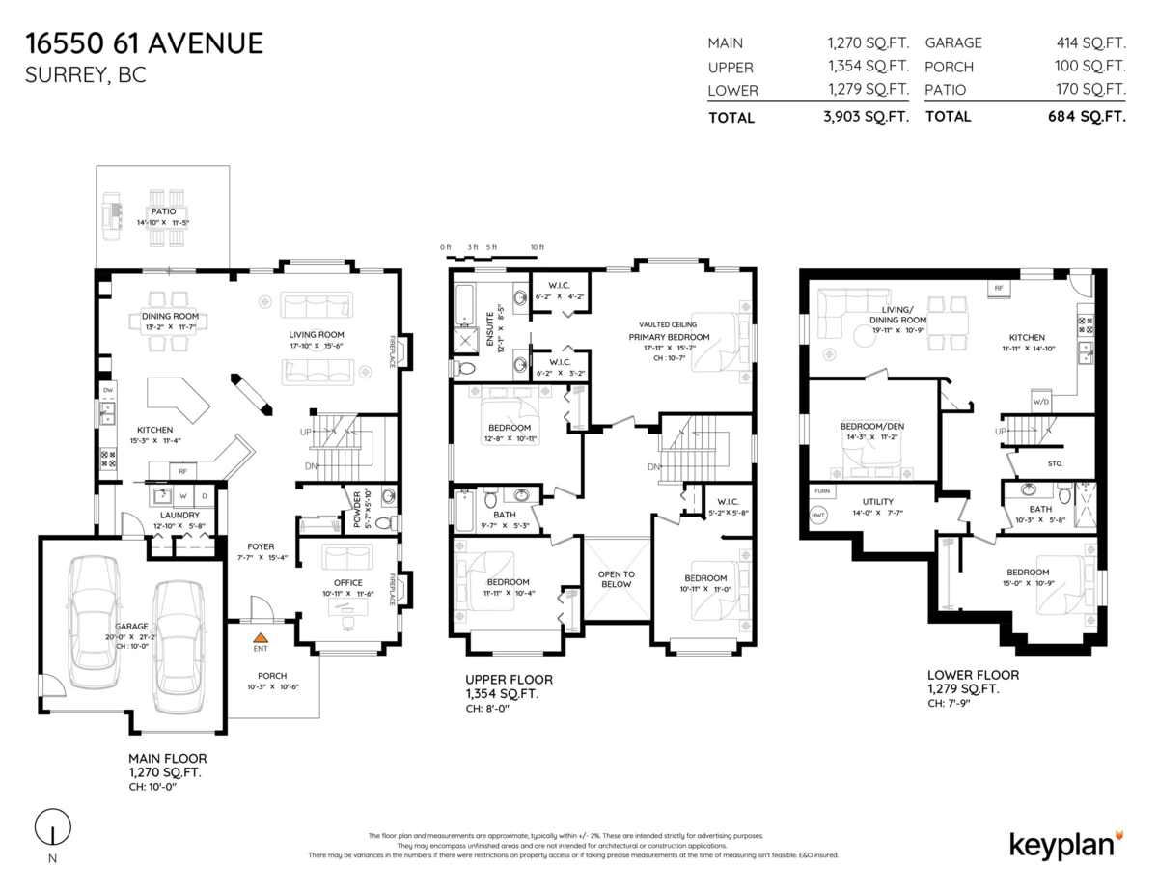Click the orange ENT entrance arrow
[x=260, y=637]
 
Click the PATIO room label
[x=162, y=211]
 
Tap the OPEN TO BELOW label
[x=616, y=578]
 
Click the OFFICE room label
[x=347, y=582]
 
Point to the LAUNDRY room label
[x=179, y=515]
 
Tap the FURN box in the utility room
[x=822, y=491]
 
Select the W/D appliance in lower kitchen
[x=1041, y=402]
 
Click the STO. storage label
[x=1055, y=463]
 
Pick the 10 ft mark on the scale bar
[x=538, y=248]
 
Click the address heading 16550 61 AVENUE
[x=144, y=43]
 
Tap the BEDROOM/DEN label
[x=872, y=426]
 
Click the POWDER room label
[x=356, y=509]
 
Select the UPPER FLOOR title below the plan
[x=509, y=680]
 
